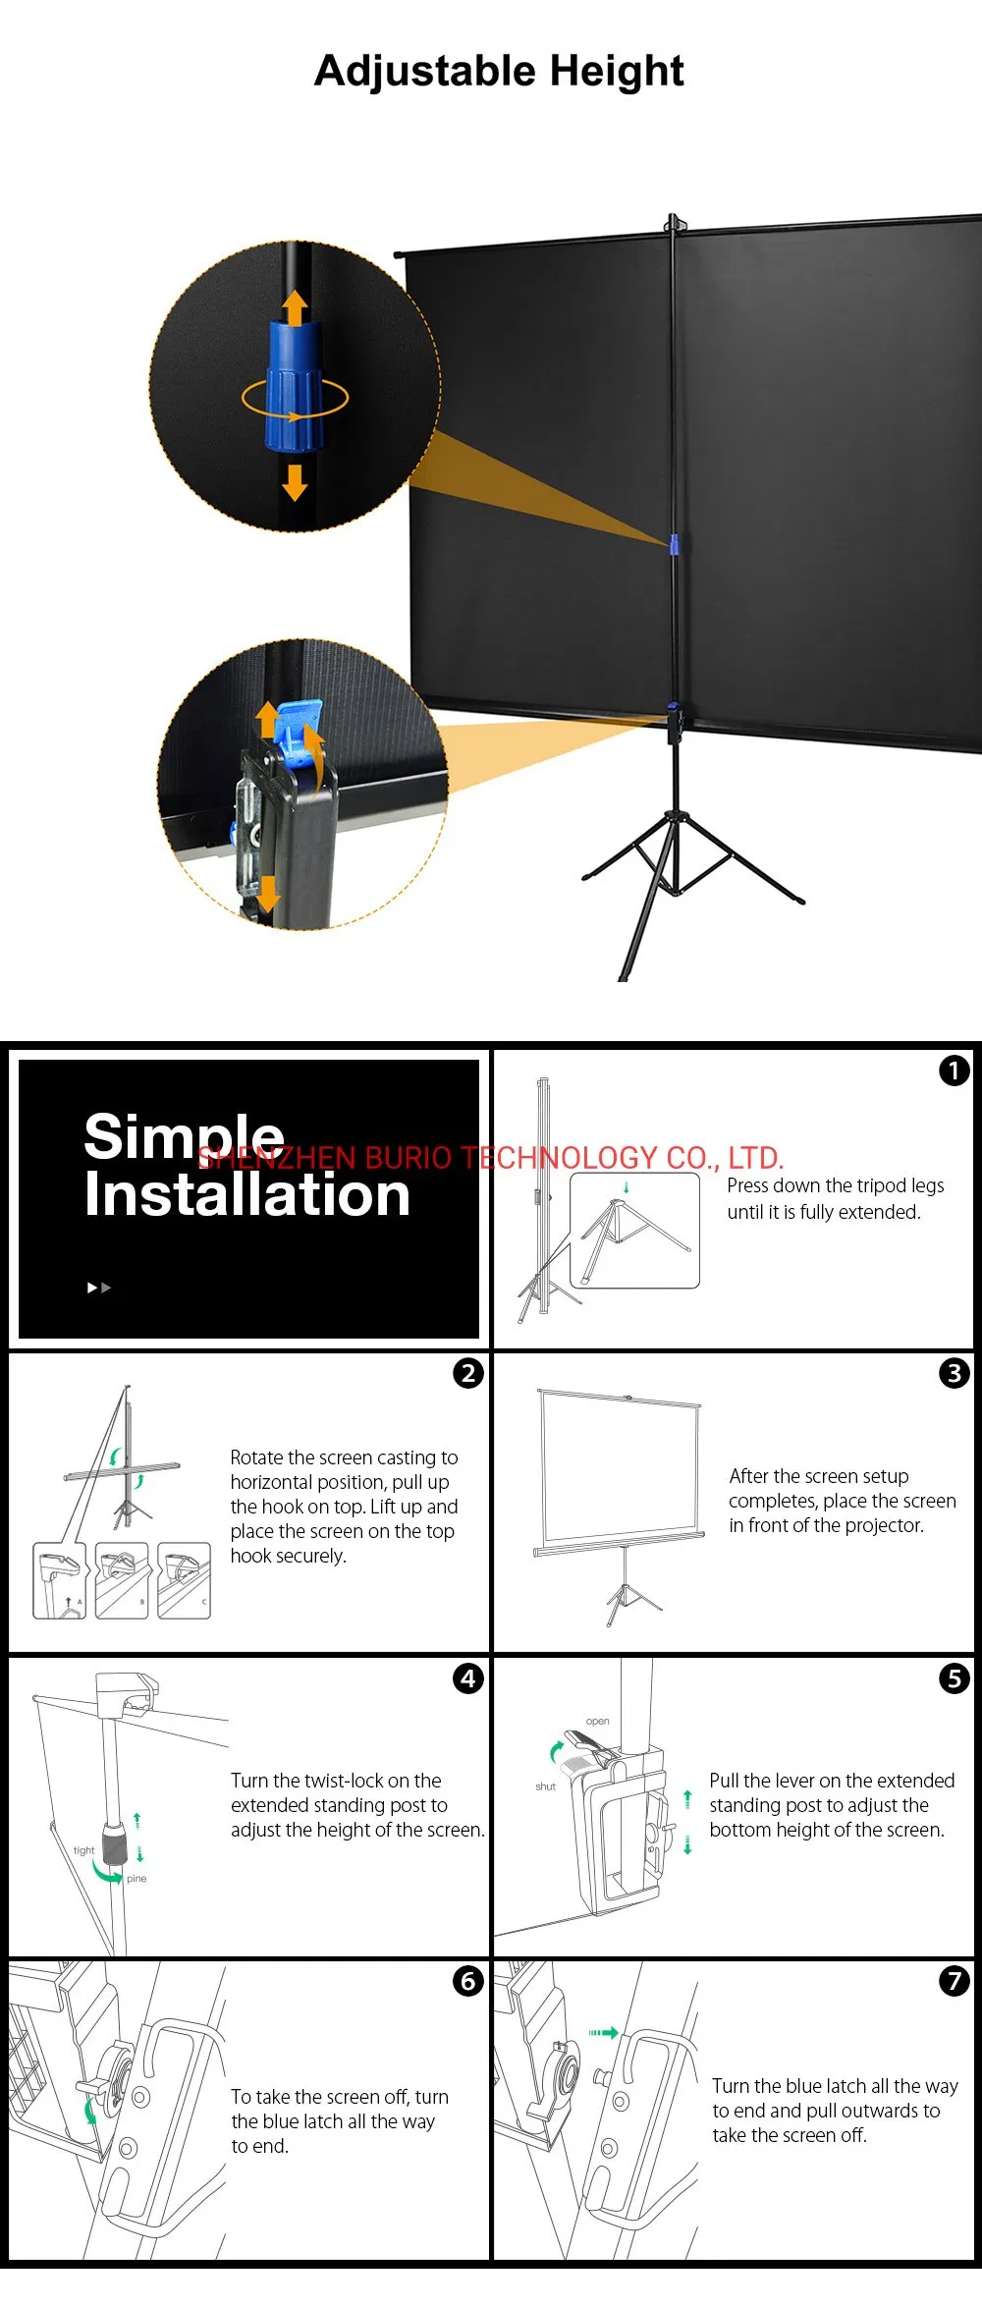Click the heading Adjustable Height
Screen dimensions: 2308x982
[499, 71]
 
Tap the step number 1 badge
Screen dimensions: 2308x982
[954, 1071]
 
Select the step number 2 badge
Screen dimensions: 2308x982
[468, 1373]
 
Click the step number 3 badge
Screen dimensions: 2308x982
[954, 1373]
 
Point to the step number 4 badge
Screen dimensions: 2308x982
[468, 1678]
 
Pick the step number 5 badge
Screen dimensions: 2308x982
[954, 1678]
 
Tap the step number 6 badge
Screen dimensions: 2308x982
[468, 1981]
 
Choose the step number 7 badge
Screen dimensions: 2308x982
[954, 1981]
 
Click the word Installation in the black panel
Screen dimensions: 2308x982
[246, 1195]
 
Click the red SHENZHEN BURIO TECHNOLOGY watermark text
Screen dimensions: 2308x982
[490, 1158]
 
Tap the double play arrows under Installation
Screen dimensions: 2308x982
[99, 1288]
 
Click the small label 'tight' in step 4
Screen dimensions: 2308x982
[84, 1850]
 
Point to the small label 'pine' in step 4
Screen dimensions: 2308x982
[136, 1879]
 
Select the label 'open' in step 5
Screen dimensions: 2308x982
[597, 1721]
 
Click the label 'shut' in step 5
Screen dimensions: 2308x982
[546, 1786]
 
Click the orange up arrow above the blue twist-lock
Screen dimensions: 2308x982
[295, 307]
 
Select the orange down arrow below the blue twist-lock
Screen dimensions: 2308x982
[295, 480]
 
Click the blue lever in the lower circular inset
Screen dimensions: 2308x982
[298, 732]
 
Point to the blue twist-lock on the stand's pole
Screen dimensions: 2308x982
[675, 543]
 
